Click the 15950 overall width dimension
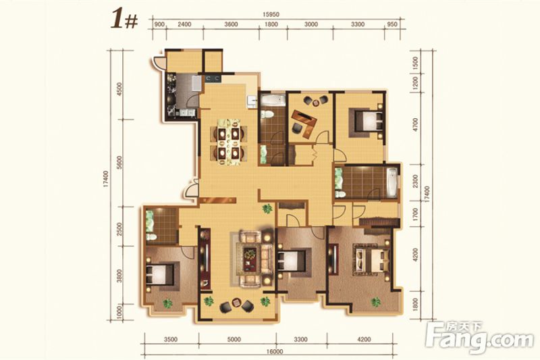(271, 15)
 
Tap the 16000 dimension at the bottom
(275, 352)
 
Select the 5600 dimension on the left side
(119, 163)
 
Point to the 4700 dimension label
(415, 124)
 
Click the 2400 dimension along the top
(184, 24)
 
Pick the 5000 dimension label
(234, 340)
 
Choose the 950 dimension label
(392, 24)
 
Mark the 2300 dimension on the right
(415, 181)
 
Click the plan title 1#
(124, 20)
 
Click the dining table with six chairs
(229, 142)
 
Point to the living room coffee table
(250, 259)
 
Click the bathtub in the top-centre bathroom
(273, 101)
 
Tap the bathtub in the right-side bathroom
(392, 182)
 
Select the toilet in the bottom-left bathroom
(151, 236)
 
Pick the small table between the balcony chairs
(237, 303)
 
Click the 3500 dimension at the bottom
(171, 340)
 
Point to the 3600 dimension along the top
(231, 24)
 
